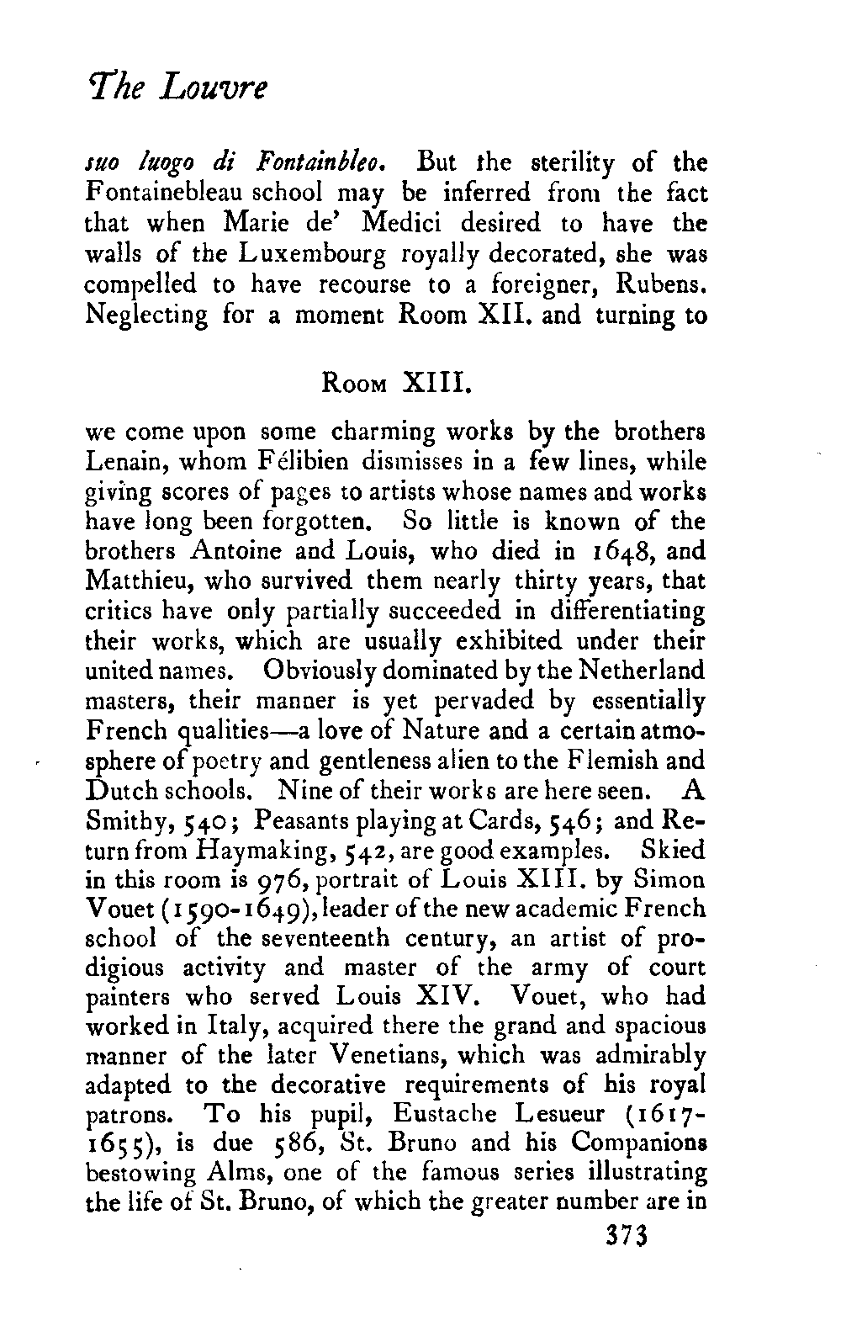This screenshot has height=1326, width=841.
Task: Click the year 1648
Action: [x=595, y=554]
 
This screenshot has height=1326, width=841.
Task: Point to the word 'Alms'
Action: [x=242, y=1174]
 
